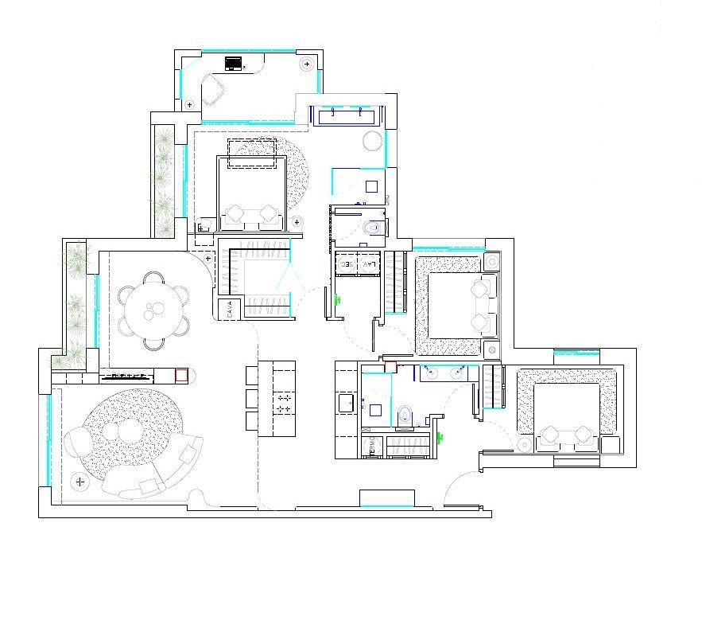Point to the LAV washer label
[x=368, y=263]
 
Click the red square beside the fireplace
[x=181, y=374]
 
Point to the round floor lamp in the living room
[x=79, y=482]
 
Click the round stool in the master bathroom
[x=373, y=142]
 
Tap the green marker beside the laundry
[x=339, y=300]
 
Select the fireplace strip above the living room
[x=127, y=374]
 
